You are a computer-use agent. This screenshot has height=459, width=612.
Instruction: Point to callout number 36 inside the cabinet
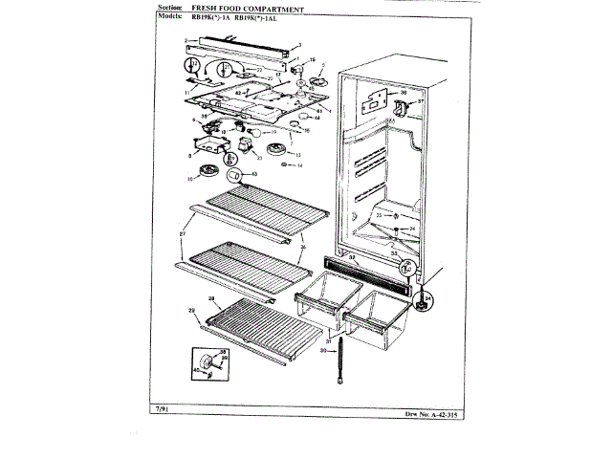(x=403, y=93)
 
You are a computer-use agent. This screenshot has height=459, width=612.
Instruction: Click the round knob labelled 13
(x=278, y=150)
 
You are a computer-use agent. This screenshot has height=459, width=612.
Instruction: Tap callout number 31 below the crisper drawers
(x=329, y=341)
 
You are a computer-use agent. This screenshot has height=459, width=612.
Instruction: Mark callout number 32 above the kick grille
(x=351, y=257)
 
